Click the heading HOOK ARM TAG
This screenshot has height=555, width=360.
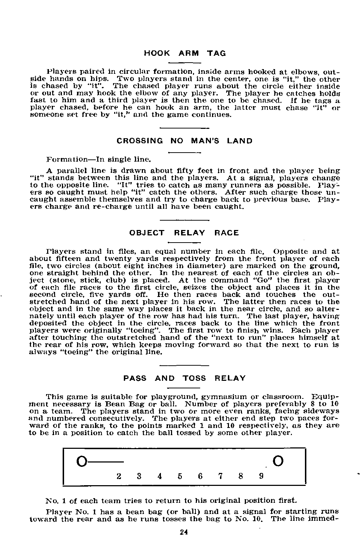[x=185, y=53]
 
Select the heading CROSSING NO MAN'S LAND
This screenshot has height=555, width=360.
[x=185, y=141]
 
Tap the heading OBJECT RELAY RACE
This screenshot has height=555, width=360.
[x=184, y=233]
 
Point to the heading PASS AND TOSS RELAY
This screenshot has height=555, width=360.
[x=184, y=378]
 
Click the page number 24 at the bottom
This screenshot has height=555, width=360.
[x=184, y=533]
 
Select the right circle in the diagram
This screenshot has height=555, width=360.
[x=279, y=461]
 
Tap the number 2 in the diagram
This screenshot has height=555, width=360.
[x=119, y=476]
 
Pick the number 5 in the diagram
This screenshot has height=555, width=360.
[x=180, y=476]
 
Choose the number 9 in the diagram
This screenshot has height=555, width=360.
[x=261, y=476]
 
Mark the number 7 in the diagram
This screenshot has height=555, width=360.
[x=220, y=476]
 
